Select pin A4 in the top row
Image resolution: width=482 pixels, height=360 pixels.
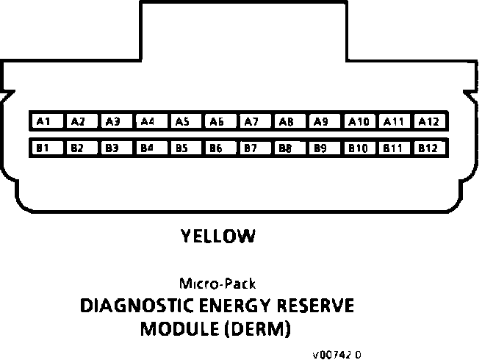click(147, 121)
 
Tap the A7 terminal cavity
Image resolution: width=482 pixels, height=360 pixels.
click(251, 121)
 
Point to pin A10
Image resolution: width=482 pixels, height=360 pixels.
click(359, 121)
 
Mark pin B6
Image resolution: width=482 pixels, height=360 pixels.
click(216, 148)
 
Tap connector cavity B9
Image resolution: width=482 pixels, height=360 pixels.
click(320, 148)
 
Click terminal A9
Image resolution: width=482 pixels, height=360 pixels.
click(320, 121)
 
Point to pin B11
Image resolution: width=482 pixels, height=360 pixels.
click(393, 148)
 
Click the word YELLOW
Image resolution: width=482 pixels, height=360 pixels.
click(218, 237)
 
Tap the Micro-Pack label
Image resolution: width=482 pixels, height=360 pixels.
click(217, 283)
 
